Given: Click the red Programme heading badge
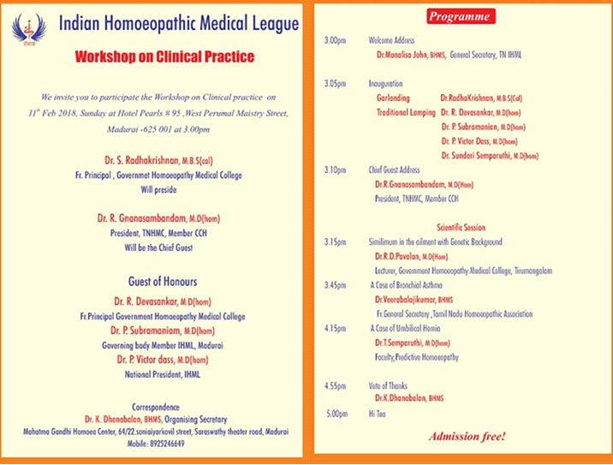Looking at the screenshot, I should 459,16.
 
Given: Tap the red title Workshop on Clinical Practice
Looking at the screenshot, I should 165,58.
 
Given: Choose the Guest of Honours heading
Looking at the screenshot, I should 163,282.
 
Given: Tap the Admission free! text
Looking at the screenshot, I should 467,437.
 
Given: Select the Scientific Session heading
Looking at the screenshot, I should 461,228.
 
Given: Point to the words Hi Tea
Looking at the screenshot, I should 378,414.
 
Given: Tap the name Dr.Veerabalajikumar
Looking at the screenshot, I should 405,299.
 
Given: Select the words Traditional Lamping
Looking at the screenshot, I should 406,112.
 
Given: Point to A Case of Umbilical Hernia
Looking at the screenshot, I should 405,328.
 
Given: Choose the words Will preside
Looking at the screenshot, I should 159,189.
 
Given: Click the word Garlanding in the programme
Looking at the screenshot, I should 393,98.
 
